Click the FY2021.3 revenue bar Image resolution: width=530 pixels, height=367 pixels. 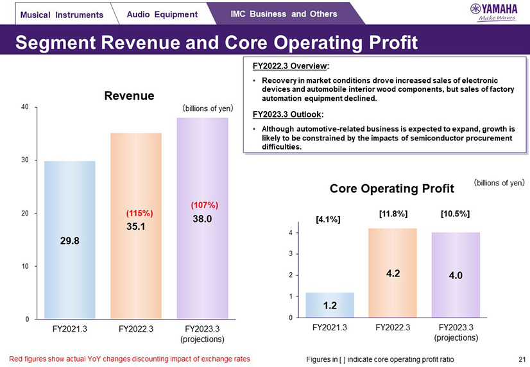tap(70, 240)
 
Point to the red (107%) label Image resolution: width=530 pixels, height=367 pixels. tap(205, 205)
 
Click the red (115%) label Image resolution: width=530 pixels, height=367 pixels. tap(139, 212)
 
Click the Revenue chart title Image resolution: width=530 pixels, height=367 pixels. tap(130, 96)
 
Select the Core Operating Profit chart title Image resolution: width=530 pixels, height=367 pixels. tap(391, 189)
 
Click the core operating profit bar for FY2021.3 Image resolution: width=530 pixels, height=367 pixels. tap(330, 305)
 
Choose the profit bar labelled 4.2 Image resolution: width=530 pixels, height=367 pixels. tap(393, 273)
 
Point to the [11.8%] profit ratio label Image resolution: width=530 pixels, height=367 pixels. tap(391, 213)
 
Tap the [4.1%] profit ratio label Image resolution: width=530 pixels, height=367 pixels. tap(328, 219)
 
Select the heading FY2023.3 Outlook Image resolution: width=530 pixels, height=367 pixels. tap(288, 115)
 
